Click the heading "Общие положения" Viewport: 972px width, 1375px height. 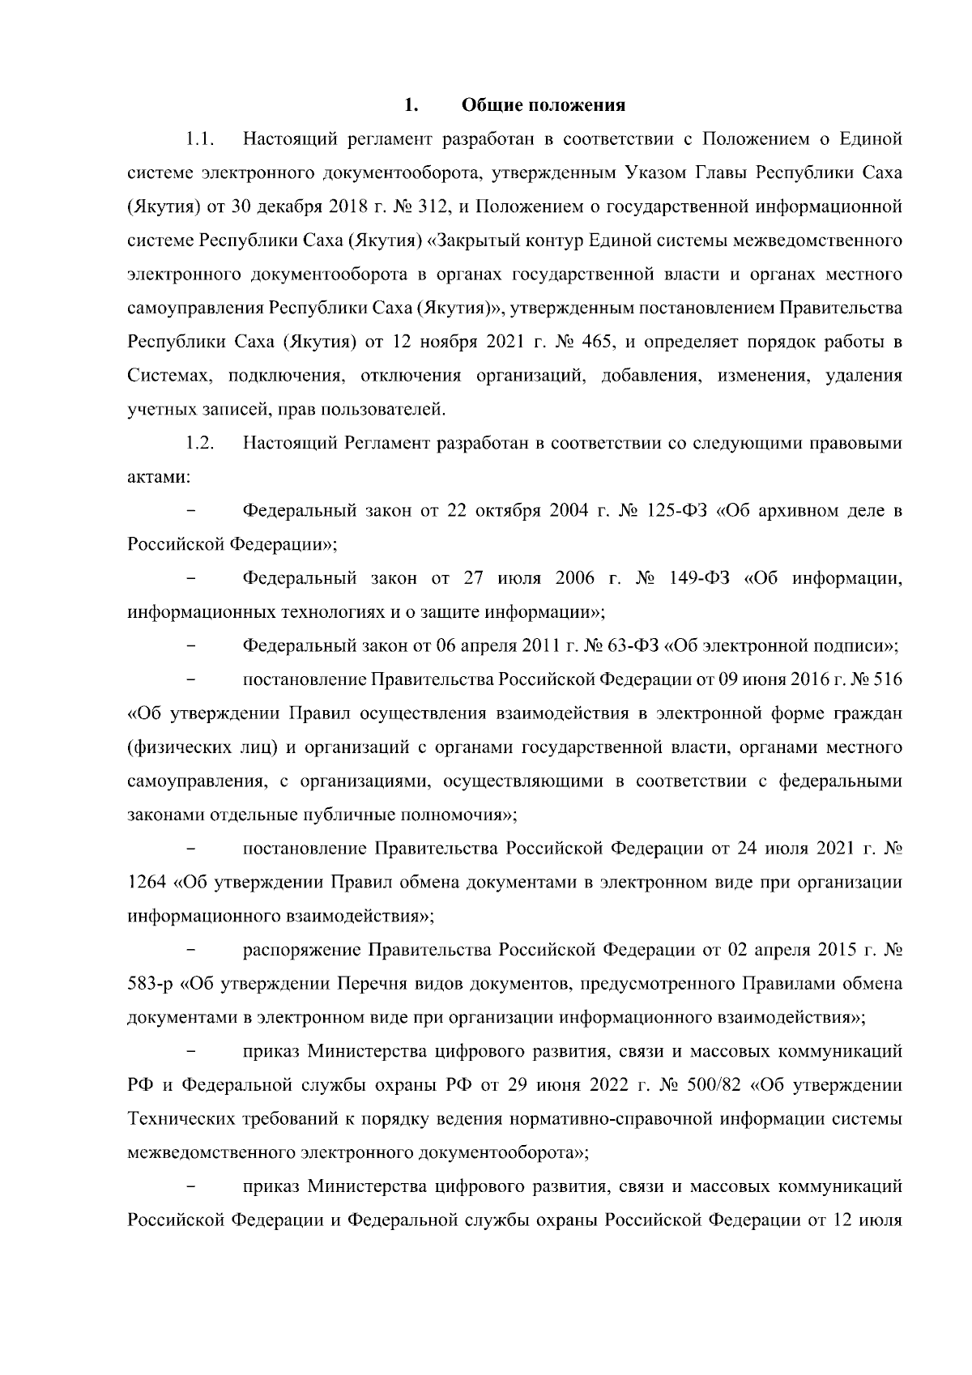(544, 105)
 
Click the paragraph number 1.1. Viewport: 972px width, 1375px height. (199, 139)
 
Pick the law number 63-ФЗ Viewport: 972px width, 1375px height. (632, 646)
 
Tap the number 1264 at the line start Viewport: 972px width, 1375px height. (146, 882)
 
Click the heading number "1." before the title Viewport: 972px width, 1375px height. (411, 105)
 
